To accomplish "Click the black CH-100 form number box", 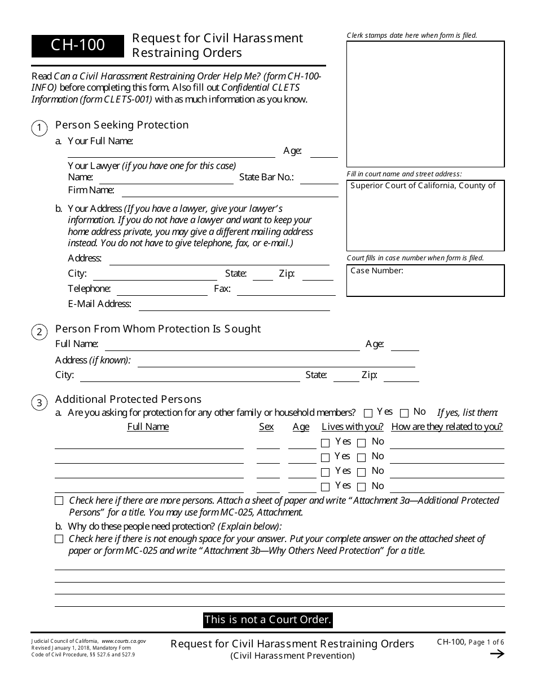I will [77, 46].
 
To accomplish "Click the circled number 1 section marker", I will [39, 128].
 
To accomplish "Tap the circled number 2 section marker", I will [39, 332].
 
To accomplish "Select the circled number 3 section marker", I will [39, 403].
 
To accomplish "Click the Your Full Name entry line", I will [171, 153].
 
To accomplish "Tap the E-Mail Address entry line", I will [234, 306].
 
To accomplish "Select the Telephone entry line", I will [162, 291].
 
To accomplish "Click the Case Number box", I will [425, 281].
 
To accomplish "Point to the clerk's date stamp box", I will [425, 104].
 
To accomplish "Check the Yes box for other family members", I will [368, 413].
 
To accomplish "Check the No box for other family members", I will [404, 413].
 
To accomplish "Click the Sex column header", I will [266, 427].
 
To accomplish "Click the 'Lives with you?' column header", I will [352, 427].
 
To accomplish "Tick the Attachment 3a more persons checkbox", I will [59, 501].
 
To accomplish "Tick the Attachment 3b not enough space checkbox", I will [59, 539].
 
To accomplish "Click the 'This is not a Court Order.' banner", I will [267, 620].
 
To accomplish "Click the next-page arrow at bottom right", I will [497, 654].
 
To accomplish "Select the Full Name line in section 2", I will [232, 346].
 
